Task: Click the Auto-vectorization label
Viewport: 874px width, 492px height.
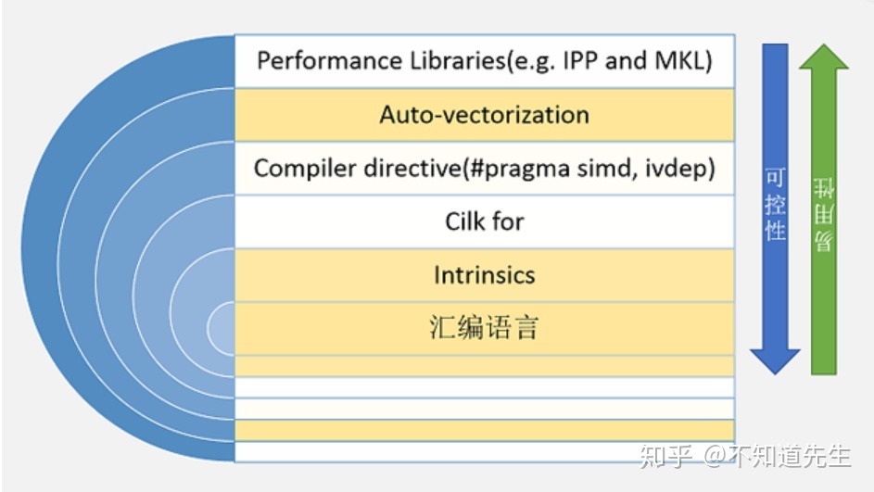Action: tap(484, 115)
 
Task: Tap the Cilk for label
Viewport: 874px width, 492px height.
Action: tap(484, 221)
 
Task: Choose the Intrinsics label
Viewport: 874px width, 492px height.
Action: tap(484, 275)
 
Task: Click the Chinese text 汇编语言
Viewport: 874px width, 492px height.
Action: tap(484, 328)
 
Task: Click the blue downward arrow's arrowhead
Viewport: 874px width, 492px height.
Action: tap(775, 360)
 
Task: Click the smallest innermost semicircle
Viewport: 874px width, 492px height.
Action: tap(222, 327)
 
